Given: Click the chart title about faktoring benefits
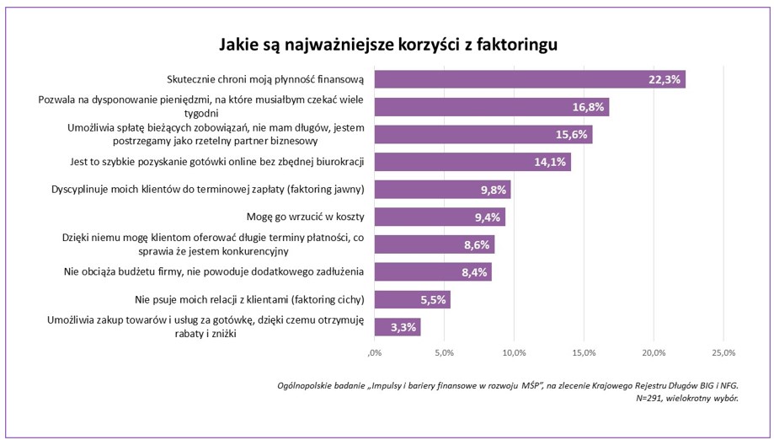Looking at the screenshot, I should pyautogui.click(x=389, y=43).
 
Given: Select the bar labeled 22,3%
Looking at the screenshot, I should pyautogui.click(x=529, y=79).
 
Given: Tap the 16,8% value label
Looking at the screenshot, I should pyautogui.click(x=587, y=107).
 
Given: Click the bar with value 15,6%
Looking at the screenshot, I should pyautogui.click(x=483, y=135).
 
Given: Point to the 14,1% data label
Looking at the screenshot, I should pyautogui.click(x=549, y=163).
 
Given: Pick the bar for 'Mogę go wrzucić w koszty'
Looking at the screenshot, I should pyautogui.click(x=439, y=217).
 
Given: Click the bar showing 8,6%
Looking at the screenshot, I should pyautogui.click(x=434, y=244).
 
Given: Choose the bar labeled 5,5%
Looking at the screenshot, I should pyautogui.click(x=412, y=299).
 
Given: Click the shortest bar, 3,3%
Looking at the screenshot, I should pyautogui.click(x=397, y=327).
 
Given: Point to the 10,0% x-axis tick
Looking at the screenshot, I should pyautogui.click(x=514, y=351).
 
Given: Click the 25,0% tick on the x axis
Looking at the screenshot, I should pyautogui.click(x=723, y=351).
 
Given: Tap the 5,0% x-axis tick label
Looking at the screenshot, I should pyautogui.click(x=444, y=351).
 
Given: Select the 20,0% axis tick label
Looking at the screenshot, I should pyautogui.click(x=654, y=351).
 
